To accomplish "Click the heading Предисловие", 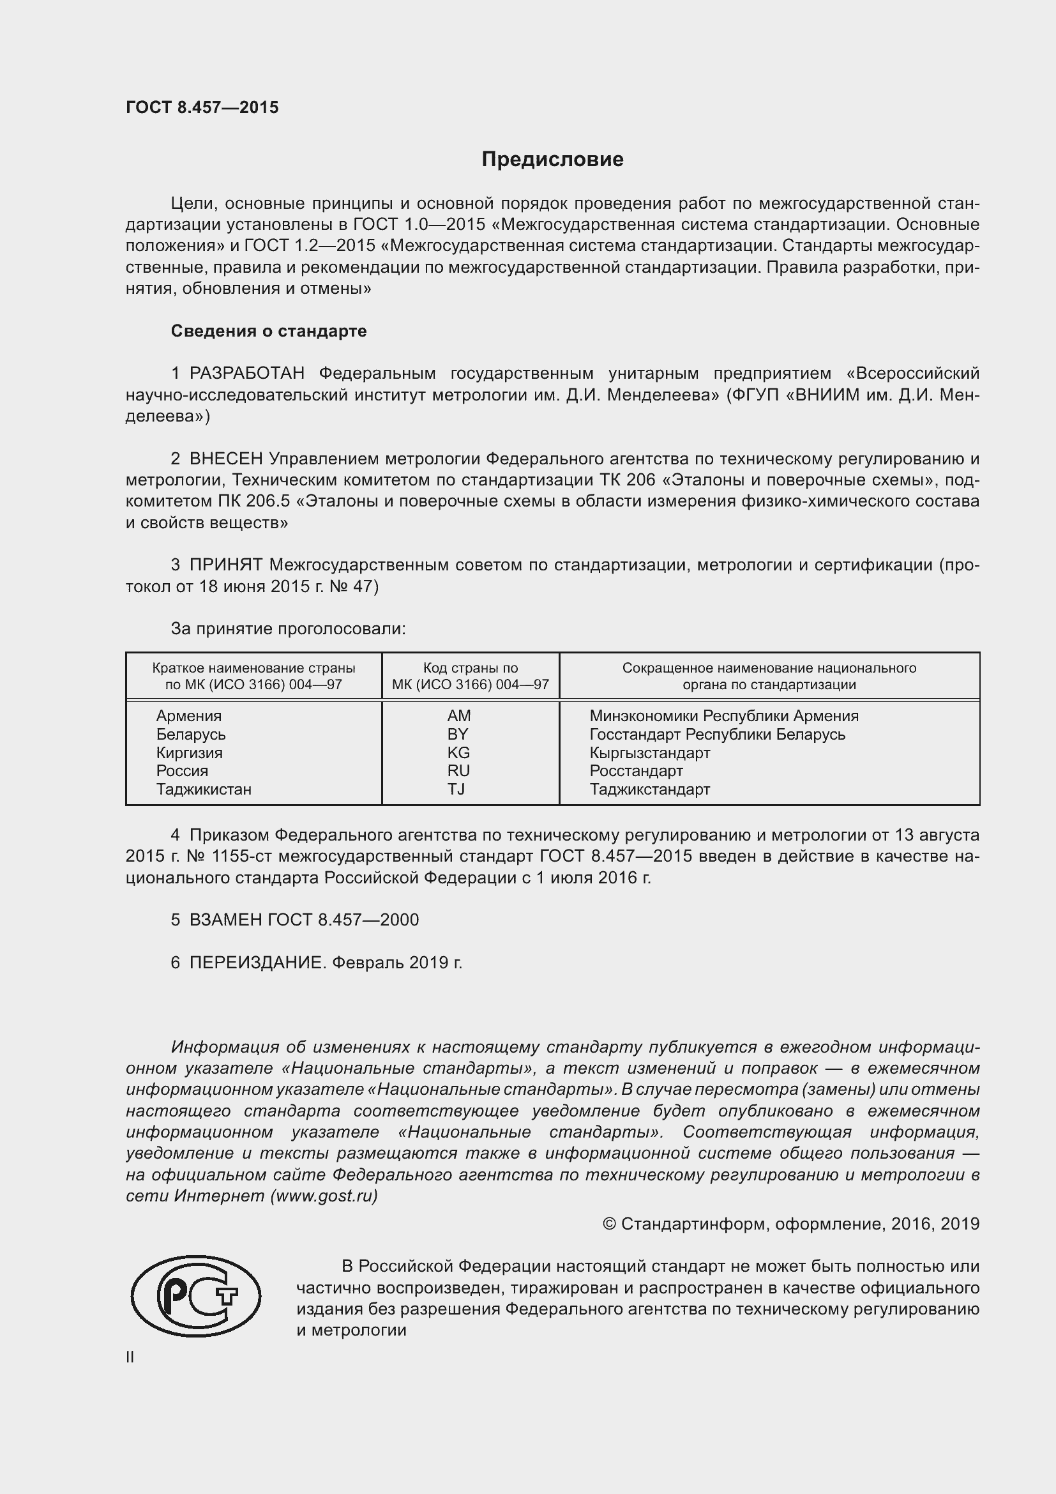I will (x=552, y=160).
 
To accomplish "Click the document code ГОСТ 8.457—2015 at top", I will (x=202, y=107).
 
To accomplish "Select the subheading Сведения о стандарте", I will (x=269, y=332).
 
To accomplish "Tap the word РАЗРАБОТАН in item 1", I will (x=247, y=374).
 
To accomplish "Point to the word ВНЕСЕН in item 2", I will (x=226, y=459).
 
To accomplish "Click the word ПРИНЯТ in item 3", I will (x=226, y=565).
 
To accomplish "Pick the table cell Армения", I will (x=188, y=716).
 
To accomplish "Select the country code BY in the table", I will (x=458, y=734).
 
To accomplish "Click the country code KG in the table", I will (x=458, y=753).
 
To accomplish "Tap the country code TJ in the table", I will (x=456, y=789).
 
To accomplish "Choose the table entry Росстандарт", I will (x=636, y=771).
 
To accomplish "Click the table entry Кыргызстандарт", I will (x=649, y=753).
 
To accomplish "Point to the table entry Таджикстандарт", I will (x=649, y=789).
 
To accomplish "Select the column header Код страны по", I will (x=470, y=667).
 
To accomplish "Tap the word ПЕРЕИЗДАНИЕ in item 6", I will (x=256, y=963).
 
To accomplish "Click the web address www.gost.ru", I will (x=323, y=1196).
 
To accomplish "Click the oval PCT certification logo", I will (x=196, y=1297).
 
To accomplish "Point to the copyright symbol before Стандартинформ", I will (x=609, y=1224).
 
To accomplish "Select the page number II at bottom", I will (x=130, y=1357).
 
